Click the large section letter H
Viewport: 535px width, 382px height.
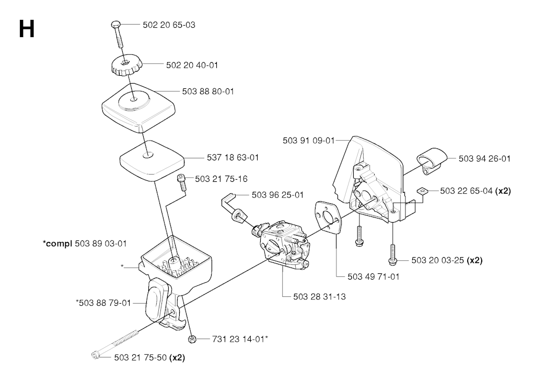[x=27, y=29]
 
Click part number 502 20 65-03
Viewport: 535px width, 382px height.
[x=169, y=25]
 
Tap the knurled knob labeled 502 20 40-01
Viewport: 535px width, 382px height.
[x=125, y=66]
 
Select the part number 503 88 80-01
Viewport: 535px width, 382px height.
[x=208, y=91]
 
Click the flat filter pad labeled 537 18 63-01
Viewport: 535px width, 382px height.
[x=151, y=160]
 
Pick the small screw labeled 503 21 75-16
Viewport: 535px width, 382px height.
[x=181, y=182]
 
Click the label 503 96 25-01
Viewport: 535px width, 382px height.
[x=277, y=195]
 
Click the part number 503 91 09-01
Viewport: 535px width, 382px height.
[x=308, y=141]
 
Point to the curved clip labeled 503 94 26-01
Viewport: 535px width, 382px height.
[x=431, y=160]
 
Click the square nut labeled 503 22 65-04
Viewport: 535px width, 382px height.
[x=422, y=191]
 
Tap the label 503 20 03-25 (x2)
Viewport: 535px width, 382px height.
[x=447, y=260]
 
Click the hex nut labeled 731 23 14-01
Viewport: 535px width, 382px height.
[x=192, y=339]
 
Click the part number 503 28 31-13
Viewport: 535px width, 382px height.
[x=319, y=297]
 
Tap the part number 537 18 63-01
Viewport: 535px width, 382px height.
[x=232, y=158]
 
